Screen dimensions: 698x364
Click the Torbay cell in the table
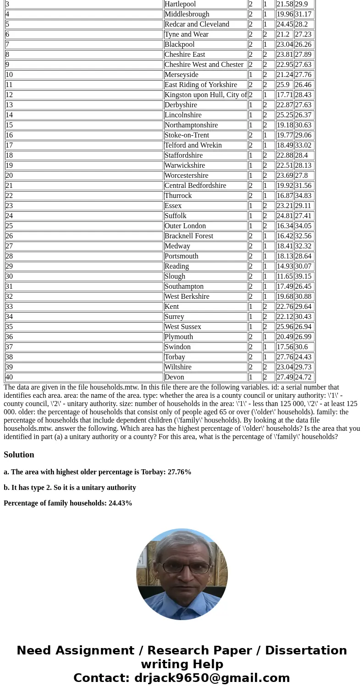click(175, 357)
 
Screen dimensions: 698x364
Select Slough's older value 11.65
click(284, 276)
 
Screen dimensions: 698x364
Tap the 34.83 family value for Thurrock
click(303, 196)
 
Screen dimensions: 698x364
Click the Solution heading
click(19, 455)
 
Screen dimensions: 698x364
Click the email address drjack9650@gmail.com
click(212, 678)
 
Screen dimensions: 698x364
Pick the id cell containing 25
click(9, 226)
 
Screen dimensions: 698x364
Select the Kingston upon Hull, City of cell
click(205, 95)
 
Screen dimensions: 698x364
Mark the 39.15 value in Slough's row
click(303, 276)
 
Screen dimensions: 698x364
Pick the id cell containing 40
click(9, 377)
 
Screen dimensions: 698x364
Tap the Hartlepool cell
click(180, 4)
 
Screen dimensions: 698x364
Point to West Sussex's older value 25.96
click(284, 327)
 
